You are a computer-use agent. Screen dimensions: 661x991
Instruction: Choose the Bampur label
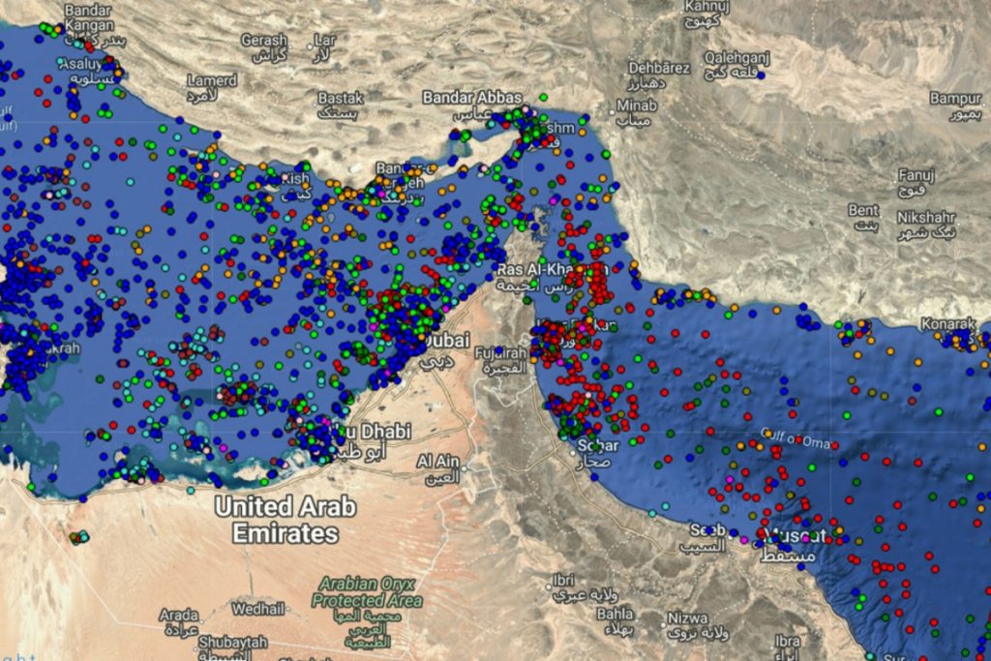955,99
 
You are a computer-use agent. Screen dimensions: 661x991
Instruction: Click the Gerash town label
264,41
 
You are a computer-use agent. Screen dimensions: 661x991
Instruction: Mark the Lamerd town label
211,80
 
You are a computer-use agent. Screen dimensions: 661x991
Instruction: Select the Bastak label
341,98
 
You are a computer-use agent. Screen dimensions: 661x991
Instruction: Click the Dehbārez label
659,68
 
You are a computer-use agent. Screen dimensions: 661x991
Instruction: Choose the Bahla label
615,614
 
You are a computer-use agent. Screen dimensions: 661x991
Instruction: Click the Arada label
179,616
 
